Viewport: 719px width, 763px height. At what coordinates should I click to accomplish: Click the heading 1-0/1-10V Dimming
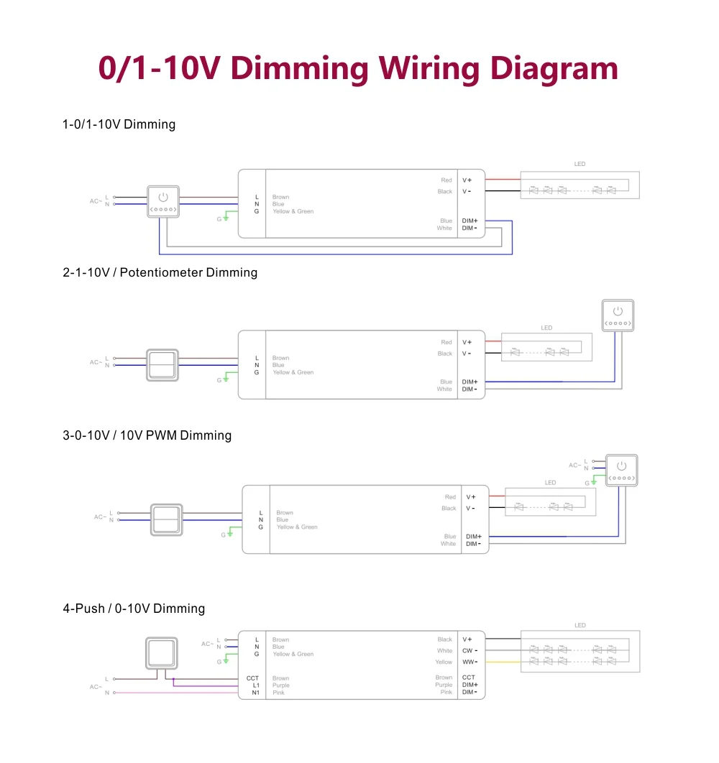[x=119, y=124]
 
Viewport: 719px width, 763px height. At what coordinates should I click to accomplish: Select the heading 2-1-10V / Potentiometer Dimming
[x=160, y=272]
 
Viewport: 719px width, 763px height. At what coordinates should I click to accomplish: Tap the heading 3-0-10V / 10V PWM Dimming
[x=147, y=435]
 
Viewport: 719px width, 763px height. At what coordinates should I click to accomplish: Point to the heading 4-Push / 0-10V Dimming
[x=134, y=609]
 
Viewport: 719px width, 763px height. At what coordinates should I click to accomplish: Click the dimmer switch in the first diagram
[x=163, y=201]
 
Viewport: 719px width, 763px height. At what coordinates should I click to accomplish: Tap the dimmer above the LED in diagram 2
[x=618, y=315]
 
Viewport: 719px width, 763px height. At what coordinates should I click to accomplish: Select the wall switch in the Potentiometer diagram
[x=162, y=365]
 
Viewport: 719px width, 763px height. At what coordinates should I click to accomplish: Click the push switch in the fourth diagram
[x=162, y=653]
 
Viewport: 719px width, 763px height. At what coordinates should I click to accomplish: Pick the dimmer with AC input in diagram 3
[x=621, y=470]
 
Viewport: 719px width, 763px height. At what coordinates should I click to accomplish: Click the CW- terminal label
[x=470, y=651]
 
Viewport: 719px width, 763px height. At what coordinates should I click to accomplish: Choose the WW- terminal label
[x=470, y=662]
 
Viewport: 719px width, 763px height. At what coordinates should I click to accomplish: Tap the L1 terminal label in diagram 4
[x=256, y=685]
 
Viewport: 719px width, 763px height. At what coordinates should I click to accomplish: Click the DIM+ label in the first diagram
[x=470, y=221]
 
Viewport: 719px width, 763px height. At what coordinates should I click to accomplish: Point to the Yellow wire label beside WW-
[x=444, y=662]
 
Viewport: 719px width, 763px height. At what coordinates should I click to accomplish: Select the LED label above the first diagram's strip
[x=580, y=164]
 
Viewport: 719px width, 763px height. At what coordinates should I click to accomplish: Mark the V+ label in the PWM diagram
[x=470, y=497]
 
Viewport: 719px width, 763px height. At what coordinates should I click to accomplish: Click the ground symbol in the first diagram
[x=226, y=218]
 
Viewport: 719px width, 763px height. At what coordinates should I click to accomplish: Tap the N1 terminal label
[x=256, y=693]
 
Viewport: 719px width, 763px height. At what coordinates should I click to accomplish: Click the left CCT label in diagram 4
[x=252, y=678]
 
